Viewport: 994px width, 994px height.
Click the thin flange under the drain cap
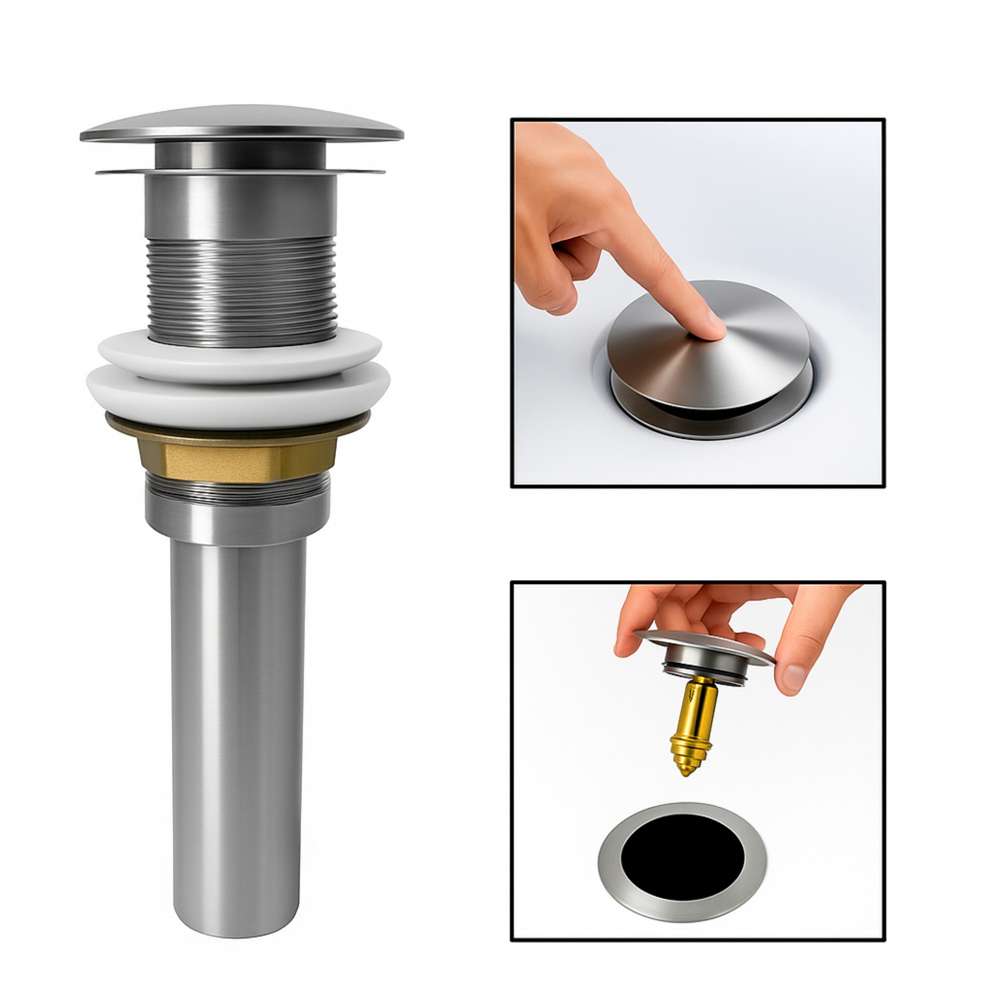(240, 171)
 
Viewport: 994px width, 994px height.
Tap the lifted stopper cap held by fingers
(705, 643)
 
